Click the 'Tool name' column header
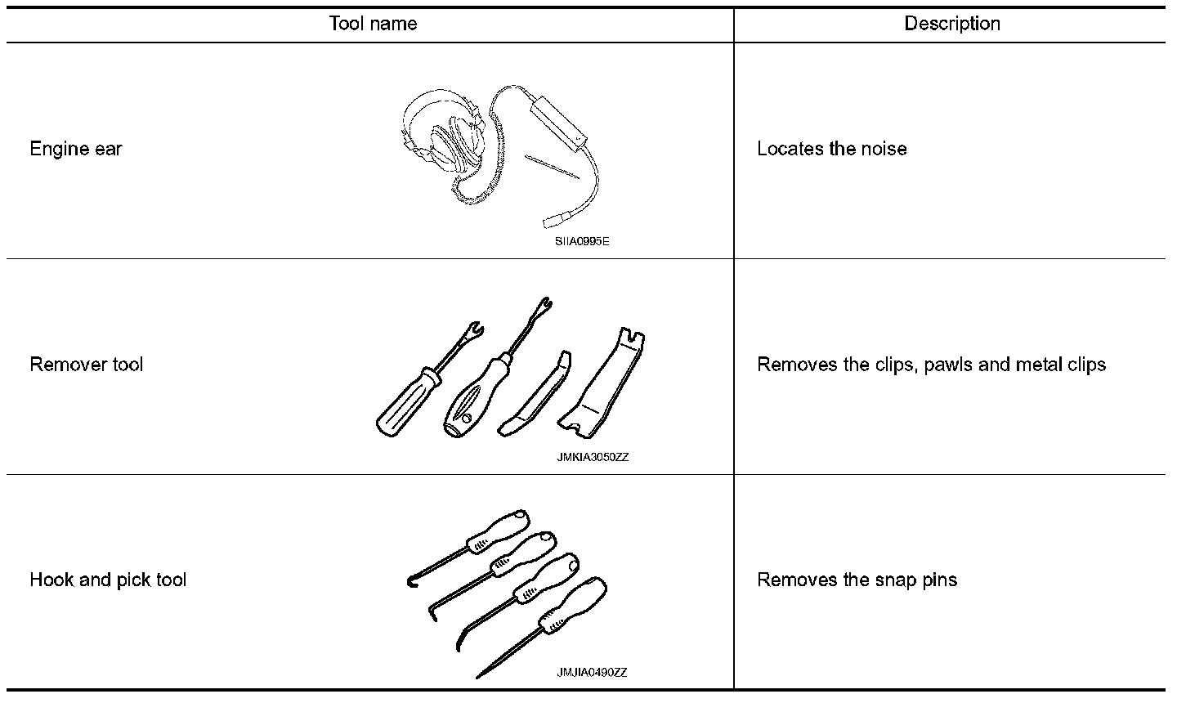pyautogui.click(x=373, y=24)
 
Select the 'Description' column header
pyautogui.click(x=952, y=24)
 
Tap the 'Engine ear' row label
pyautogui.click(x=76, y=149)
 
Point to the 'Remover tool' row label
pyautogui.click(x=87, y=365)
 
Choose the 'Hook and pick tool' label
pyautogui.click(x=108, y=580)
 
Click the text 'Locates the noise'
pyautogui.click(x=832, y=149)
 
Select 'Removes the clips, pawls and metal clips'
pyautogui.click(x=931, y=365)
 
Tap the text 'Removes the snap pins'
pyautogui.click(x=857, y=580)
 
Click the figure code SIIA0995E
pyautogui.click(x=582, y=242)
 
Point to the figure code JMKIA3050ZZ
pyautogui.click(x=593, y=458)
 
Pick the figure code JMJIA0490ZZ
pyautogui.click(x=592, y=673)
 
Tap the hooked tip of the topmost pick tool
pyautogui.click(x=411, y=581)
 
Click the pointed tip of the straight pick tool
pyautogui.click(x=481, y=675)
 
